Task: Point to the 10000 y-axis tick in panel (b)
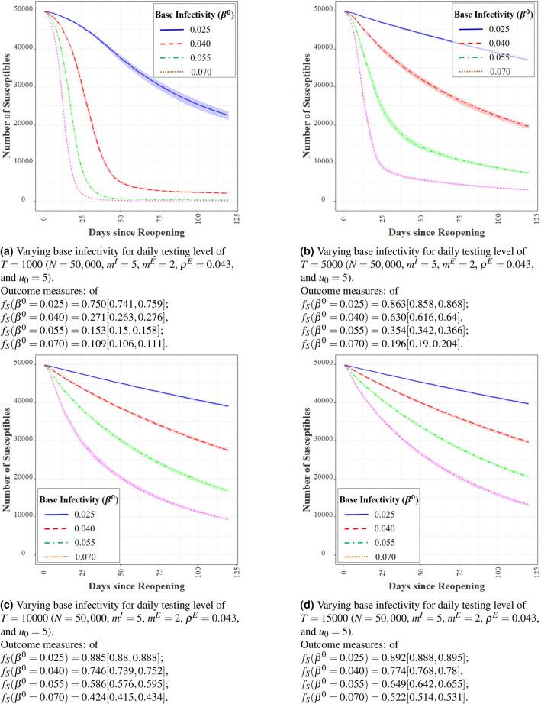point(324,163)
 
